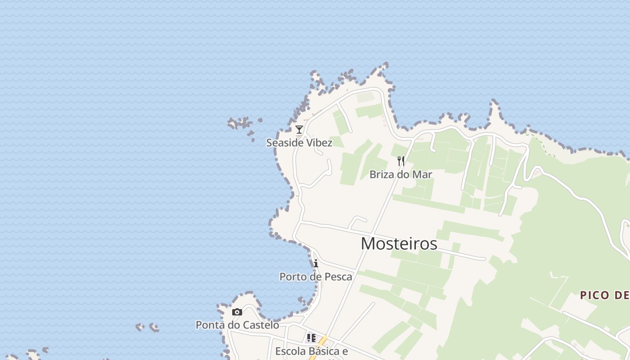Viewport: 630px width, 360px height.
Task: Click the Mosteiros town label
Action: coord(399,243)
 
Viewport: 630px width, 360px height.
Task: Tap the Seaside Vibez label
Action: coord(299,143)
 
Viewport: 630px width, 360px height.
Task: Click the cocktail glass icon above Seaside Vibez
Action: coord(299,130)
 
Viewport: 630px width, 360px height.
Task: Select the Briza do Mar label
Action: coord(400,174)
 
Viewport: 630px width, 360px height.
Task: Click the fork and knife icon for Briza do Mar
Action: coord(401,161)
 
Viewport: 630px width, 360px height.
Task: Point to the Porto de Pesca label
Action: coord(316,276)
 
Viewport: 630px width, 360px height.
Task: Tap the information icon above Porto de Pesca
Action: coord(316,263)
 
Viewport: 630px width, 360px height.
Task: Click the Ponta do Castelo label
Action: coord(237,325)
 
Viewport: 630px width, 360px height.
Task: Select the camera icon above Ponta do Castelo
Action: coord(237,312)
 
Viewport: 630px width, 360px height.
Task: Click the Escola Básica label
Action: coord(311,351)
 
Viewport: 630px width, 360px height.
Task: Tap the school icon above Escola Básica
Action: coord(311,338)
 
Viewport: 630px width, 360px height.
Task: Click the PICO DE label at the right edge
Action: coord(604,295)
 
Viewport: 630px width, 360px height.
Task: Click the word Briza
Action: coord(381,174)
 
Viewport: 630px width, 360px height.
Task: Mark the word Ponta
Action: coord(210,325)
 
